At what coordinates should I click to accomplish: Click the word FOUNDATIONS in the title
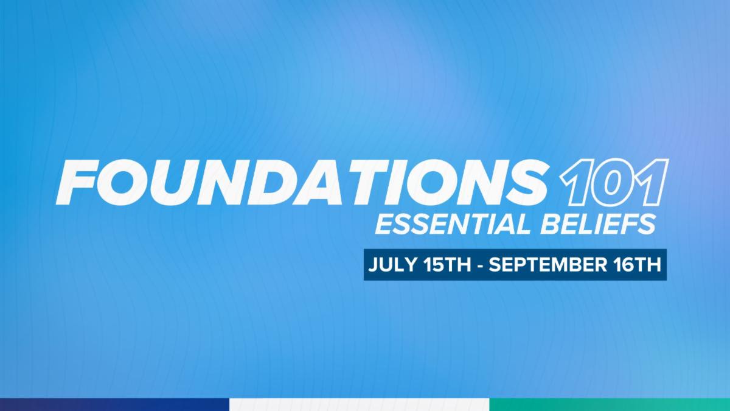coord(302,182)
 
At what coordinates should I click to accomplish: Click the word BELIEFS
coord(599,225)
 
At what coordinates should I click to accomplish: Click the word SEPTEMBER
coord(548,264)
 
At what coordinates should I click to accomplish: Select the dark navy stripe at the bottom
coord(115,404)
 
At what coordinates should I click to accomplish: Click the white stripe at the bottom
coord(360,404)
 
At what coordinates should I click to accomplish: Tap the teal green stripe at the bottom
coord(610,404)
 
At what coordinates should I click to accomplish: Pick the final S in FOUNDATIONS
coord(524,183)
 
